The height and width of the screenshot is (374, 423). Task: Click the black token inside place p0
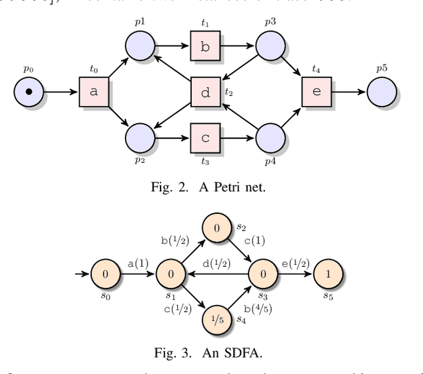[x=28, y=92]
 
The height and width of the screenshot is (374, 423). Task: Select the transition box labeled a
[x=94, y=92]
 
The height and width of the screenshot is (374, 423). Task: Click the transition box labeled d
[x=206, y=92]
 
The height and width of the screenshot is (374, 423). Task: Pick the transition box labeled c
[x=206, y=138]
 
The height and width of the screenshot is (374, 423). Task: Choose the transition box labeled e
[x=317, y=92]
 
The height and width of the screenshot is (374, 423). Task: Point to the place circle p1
[x=140, y=46]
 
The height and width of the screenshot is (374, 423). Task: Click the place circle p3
[x=270, y=46]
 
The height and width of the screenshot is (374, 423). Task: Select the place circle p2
[x=140, y=138]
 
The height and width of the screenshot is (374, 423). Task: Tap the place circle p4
[x=270, y=138]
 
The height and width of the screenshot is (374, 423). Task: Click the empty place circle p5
[x=382, y=92]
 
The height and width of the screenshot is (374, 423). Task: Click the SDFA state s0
[x=104, y=273]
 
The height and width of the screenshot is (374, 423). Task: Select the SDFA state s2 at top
[x=216, y=229]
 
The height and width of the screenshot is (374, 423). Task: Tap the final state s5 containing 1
[x=328, y=273]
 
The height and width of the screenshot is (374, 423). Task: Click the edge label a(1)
[x=137, y=263]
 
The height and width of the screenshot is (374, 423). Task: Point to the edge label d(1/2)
[x=216, y=263]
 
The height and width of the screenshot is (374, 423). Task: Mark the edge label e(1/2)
[x=294, y=263]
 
